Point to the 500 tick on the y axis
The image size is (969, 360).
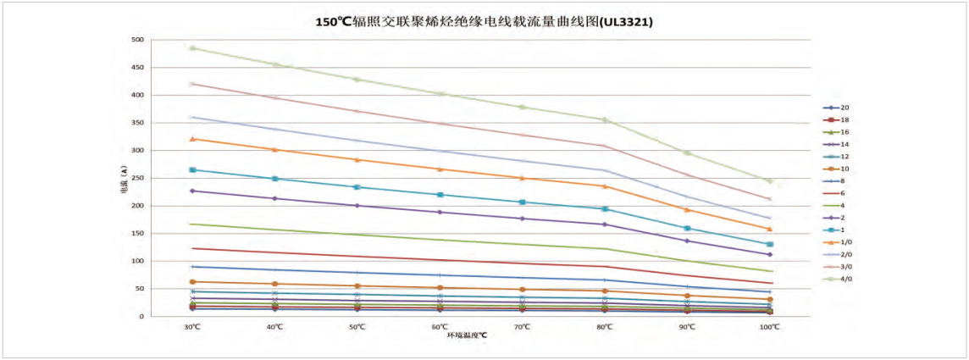[136, 40]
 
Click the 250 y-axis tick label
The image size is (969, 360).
[136, 178]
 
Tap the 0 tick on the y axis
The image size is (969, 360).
[141, 317]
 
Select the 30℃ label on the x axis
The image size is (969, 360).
[192, 326]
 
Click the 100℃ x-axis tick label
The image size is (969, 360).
[769, 326]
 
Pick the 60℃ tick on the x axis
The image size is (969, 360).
[439, 326]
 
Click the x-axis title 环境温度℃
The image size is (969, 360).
[468, 335]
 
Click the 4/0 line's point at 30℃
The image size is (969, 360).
[192, 48]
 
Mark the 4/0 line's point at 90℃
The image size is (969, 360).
[687, 153]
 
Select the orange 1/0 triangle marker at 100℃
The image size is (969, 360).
[769, 229]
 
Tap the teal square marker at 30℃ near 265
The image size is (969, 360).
[192, 170]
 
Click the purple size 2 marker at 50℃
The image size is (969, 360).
[357, 206]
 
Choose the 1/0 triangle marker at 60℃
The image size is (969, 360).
[439, 169]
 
